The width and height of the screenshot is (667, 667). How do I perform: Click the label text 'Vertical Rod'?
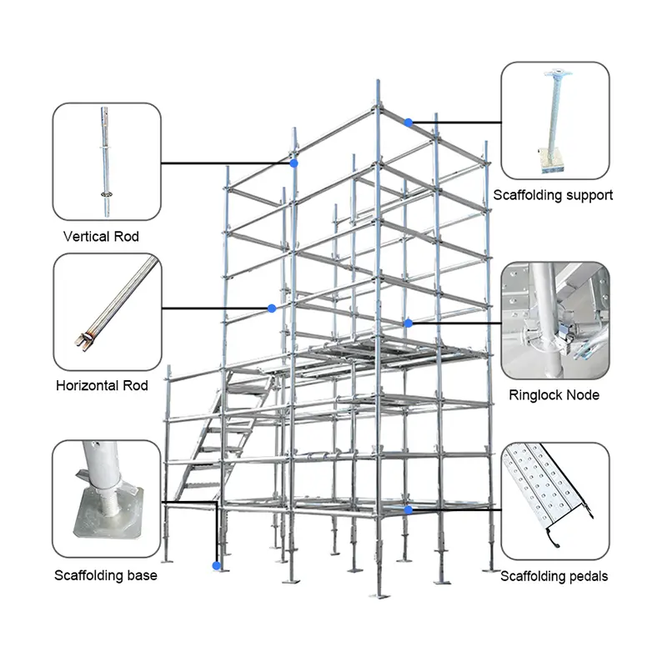(101, 237)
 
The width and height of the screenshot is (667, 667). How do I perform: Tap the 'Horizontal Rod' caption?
(102, 386)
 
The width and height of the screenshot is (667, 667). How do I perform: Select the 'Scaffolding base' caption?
(105, 575)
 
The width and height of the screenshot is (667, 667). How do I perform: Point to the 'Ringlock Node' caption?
(554, 395)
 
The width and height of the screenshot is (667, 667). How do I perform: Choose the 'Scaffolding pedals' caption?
(554, 576)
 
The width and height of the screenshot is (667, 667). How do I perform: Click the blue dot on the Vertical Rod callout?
(294, 163)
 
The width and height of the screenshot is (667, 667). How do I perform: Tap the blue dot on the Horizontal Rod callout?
(272, 308)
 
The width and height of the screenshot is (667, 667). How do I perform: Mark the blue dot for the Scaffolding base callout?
(217, 566)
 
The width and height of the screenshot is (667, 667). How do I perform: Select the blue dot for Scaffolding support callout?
(409, 123)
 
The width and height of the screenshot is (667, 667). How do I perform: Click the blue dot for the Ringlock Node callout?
(409, 323)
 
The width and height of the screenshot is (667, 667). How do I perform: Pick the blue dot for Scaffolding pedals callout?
(409, 509)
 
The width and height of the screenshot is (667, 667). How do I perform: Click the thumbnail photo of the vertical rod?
(106, 158)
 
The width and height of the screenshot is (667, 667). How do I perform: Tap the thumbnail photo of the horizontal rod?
(106, 310)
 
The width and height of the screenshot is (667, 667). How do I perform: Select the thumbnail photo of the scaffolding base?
(106, 499)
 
